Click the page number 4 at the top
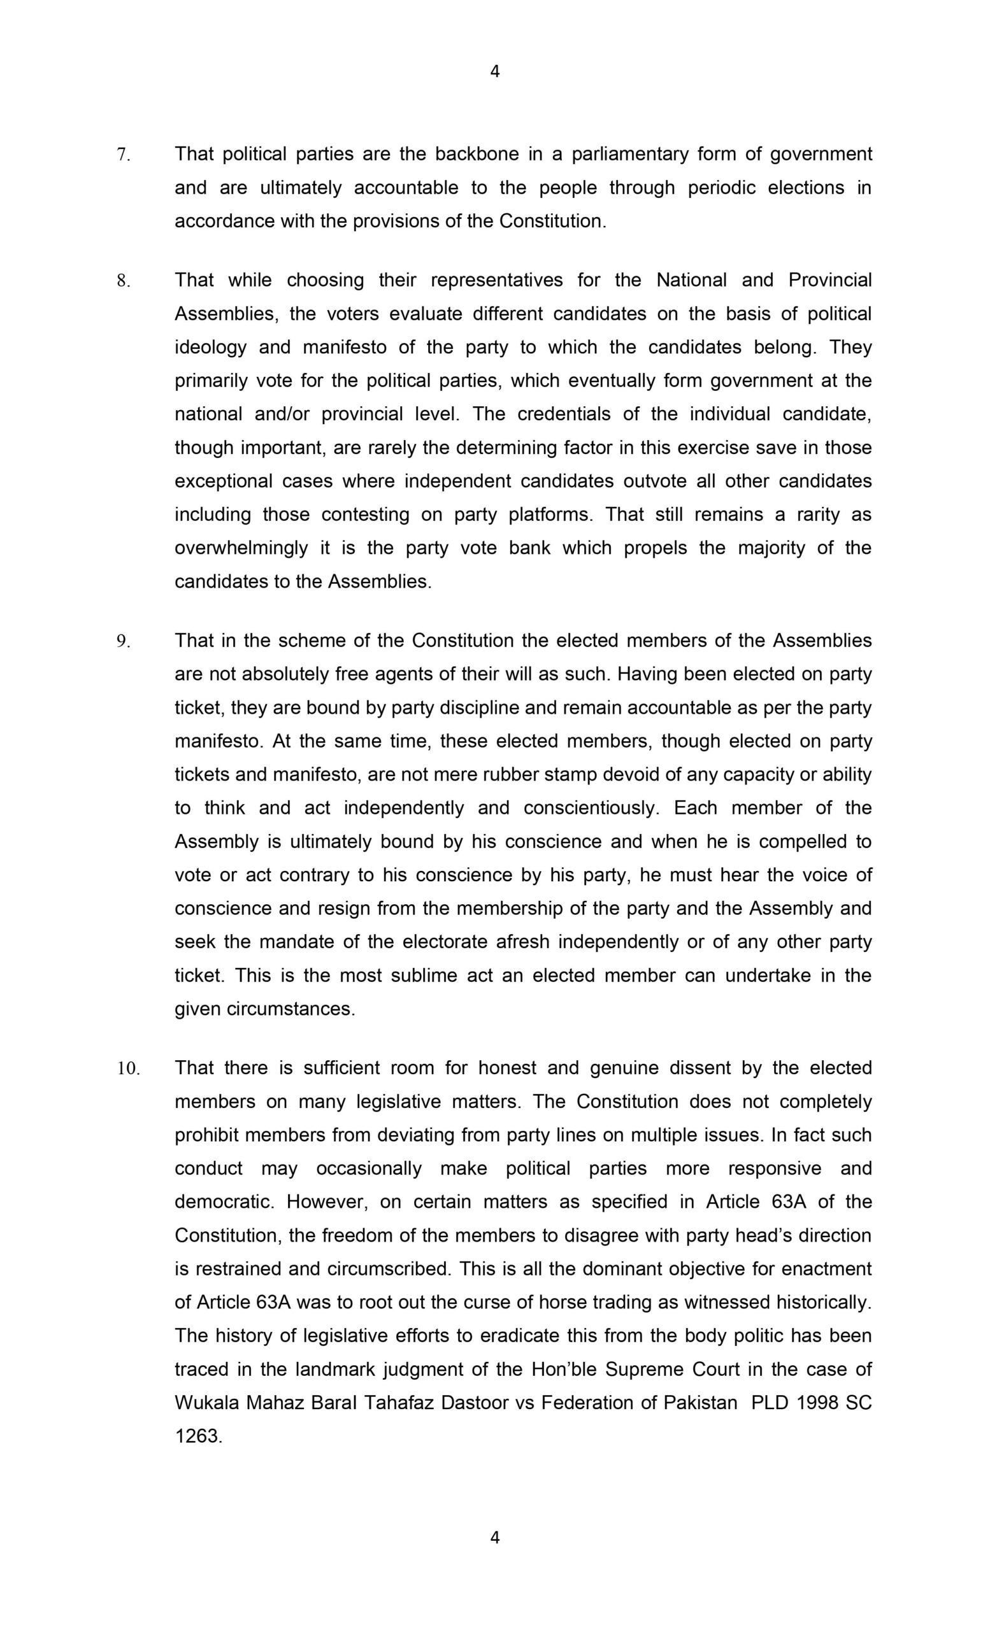point(494,71)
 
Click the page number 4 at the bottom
point(494,1538)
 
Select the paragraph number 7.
point(123,155)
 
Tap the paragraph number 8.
point(123,281)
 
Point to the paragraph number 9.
point(123,641)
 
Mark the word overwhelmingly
point(241,548)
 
